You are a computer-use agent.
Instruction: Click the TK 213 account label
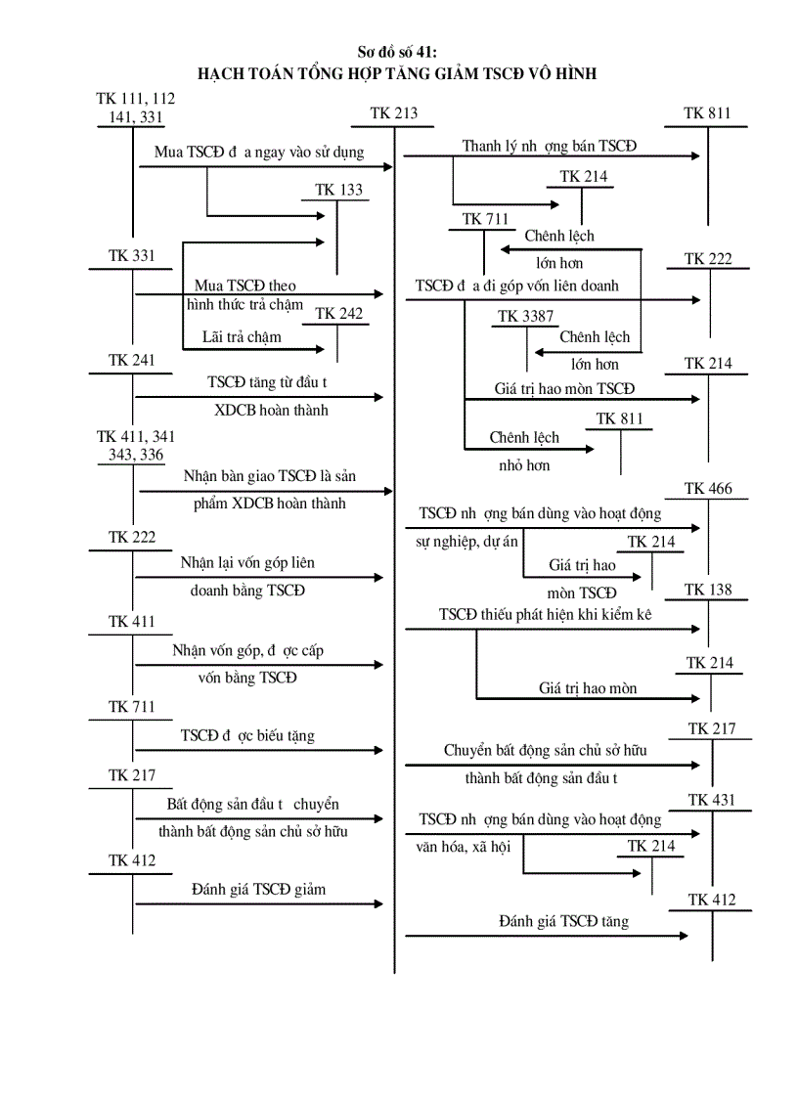394,113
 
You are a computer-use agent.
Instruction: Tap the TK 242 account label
338,314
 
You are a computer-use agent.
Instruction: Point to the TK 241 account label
132,361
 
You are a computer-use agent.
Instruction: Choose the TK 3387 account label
524,316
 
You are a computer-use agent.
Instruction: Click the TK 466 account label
708,489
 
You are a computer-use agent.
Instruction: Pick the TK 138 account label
708,590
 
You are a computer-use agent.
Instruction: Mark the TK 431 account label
711,800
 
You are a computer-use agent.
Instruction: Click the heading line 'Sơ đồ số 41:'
398,53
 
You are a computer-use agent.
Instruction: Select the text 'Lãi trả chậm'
242,337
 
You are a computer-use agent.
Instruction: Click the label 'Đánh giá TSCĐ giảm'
258,890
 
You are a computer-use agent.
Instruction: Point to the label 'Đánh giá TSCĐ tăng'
563,921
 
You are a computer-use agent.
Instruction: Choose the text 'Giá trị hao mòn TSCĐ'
564,388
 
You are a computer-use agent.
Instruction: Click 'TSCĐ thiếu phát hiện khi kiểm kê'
545,614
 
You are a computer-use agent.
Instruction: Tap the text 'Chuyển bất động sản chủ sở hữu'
545,751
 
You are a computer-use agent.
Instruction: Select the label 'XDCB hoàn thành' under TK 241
272,410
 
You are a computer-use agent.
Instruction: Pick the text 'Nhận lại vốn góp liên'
247,563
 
